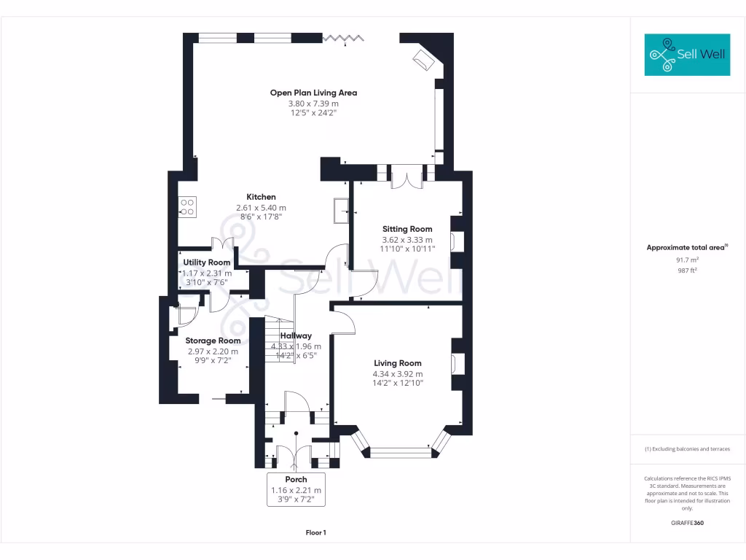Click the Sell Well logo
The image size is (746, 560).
click(687, 54)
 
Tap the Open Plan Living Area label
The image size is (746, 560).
click(313, 93)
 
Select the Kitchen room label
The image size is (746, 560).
click(261, 197)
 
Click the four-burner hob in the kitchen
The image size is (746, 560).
click(187, 207)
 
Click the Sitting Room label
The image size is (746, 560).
click(407, 229)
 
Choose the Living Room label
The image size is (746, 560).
click(398, 363)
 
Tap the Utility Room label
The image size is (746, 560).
click(207, 262)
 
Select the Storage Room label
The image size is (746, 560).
click(213, 341)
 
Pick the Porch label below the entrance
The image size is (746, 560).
click(296, 479)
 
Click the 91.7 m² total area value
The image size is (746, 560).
click(688, 260)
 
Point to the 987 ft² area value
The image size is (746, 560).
click(688, 270)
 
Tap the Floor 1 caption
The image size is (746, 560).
click(315, 533)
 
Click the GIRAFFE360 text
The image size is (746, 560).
click(688, 523)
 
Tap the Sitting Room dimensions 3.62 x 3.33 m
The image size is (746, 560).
click(407, 240)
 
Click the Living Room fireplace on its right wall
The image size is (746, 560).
click(456, 363)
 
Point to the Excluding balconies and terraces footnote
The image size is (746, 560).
click(687, 449)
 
